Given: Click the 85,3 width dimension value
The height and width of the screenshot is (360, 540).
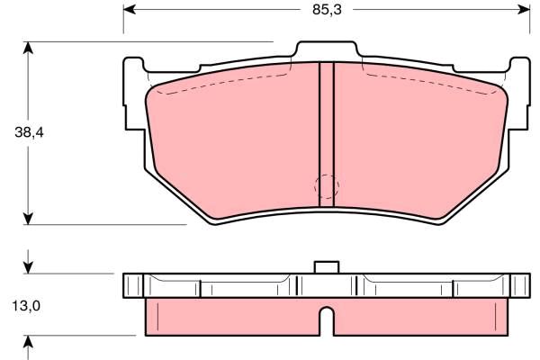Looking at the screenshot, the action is click(x=327, y=10).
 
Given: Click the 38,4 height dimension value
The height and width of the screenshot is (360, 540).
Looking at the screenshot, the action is click(x=30, y=132).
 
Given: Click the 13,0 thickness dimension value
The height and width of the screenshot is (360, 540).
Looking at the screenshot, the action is click(x=26, y=306).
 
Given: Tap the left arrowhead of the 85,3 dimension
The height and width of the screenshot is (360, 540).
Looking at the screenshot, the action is click(x=129, y=10).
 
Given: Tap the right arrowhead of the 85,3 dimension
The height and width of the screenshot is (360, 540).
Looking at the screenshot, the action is click(x=524, y=10).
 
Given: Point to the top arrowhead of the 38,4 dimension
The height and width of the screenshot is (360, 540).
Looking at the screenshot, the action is click(x=28, y=48).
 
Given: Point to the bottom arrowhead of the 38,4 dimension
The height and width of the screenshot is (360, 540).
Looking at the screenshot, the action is click(x=28, y=219).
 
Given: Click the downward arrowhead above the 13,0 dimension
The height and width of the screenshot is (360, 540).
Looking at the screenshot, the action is click(x=28, y=267).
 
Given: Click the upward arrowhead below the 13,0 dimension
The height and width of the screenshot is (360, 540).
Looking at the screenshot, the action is click(x=28, y=341).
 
